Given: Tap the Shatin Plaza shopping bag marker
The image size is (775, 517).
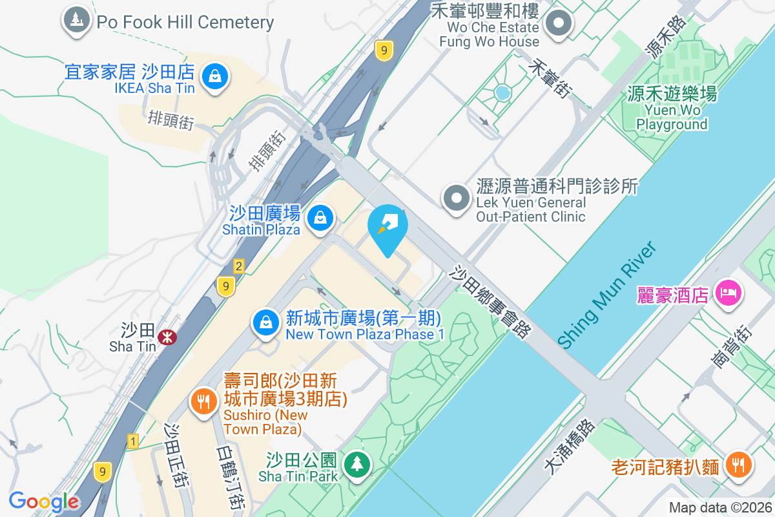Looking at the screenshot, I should coord(320,218).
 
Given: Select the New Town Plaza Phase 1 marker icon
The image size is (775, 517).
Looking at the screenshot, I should coord(265,324).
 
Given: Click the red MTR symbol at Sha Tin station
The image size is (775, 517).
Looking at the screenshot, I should coord(167,337).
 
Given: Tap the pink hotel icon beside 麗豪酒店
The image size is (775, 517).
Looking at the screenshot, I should coord(729,293).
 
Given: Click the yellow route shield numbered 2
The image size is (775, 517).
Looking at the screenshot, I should coord(239,266).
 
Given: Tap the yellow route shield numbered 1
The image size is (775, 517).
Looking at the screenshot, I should coord(133,442).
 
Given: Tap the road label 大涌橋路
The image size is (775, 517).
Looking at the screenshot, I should coord(569,447).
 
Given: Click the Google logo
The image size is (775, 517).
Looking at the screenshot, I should coord(44,501).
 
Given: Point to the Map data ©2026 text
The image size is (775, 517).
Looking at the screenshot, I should coord(719,508).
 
